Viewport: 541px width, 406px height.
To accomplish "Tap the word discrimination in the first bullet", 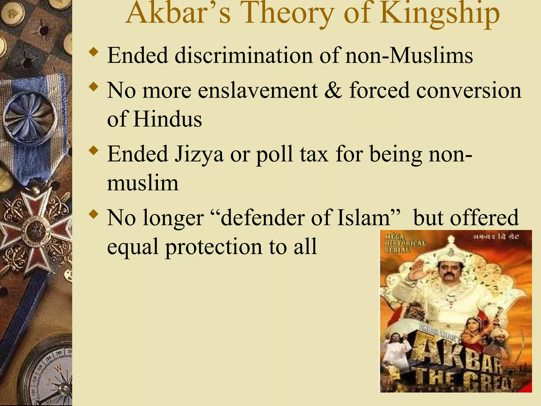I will pyautogui.click(x=244, y=55).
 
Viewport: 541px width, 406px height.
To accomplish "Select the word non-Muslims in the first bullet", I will pyautogui.click(x=409, y=55).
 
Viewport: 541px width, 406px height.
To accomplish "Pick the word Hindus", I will pyautogui.click(x=167, y=119).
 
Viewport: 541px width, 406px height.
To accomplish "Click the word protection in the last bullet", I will pyautogui.click(x=213, y=247).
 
